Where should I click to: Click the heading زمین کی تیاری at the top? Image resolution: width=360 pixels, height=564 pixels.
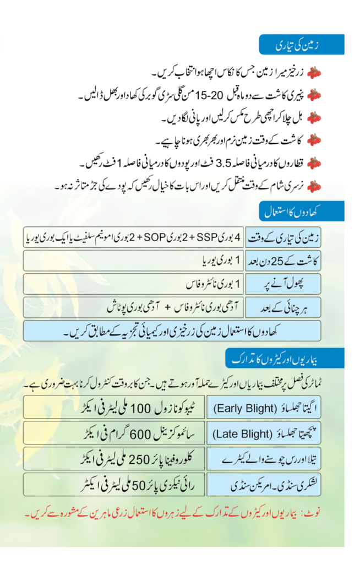[302, 45]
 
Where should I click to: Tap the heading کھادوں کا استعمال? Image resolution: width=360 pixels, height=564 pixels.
[302, 210]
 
